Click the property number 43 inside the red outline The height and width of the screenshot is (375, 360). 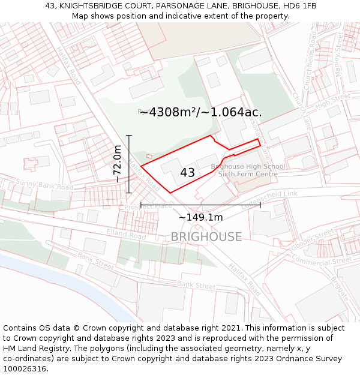187,173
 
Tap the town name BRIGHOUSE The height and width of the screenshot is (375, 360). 206,237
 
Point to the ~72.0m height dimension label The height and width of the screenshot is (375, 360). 118,164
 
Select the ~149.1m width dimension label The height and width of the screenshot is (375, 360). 200,218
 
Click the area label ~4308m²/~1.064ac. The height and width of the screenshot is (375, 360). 200,112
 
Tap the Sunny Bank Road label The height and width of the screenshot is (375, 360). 36,184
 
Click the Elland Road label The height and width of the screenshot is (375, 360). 126,233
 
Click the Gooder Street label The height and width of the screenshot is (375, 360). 314,238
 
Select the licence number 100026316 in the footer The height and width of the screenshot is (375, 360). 26,369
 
